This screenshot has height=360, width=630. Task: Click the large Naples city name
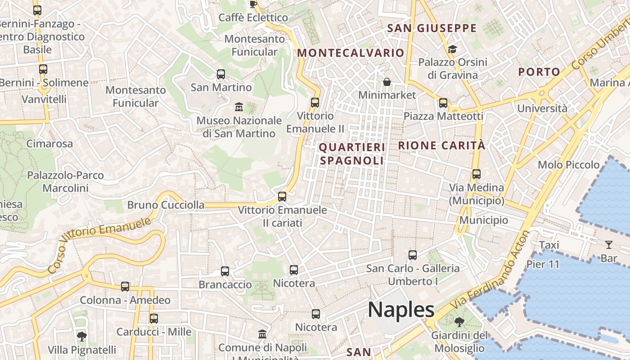401,310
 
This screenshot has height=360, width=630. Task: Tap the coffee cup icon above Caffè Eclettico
253,4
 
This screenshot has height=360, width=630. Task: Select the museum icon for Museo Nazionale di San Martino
239,107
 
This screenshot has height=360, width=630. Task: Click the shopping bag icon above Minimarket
387,82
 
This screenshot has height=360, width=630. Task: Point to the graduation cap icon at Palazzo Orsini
452,49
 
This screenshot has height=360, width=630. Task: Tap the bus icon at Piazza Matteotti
443,103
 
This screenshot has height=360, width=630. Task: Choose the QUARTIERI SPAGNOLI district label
352,154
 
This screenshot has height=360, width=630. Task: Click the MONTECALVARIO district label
351,53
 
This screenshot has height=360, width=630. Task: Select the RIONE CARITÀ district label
441,145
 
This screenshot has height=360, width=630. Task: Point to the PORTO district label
539,72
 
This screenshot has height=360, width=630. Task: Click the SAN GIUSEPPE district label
432,28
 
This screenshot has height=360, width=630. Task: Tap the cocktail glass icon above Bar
609,245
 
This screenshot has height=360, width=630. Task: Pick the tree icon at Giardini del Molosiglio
459,322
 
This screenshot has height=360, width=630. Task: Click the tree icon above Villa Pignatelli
82,336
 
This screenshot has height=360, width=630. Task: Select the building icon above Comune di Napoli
262,334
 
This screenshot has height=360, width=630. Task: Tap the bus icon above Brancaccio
225,271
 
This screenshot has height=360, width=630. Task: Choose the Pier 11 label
543,264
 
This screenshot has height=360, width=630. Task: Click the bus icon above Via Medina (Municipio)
477,174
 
